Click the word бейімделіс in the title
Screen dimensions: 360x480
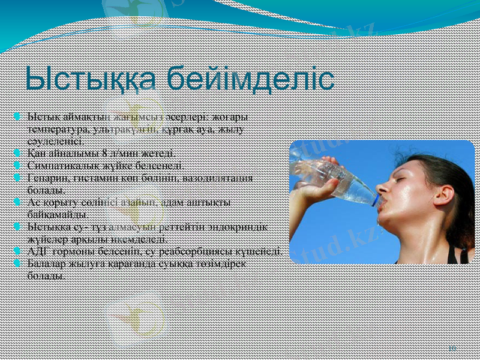(250, 80)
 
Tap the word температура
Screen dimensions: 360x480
(56, 128)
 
